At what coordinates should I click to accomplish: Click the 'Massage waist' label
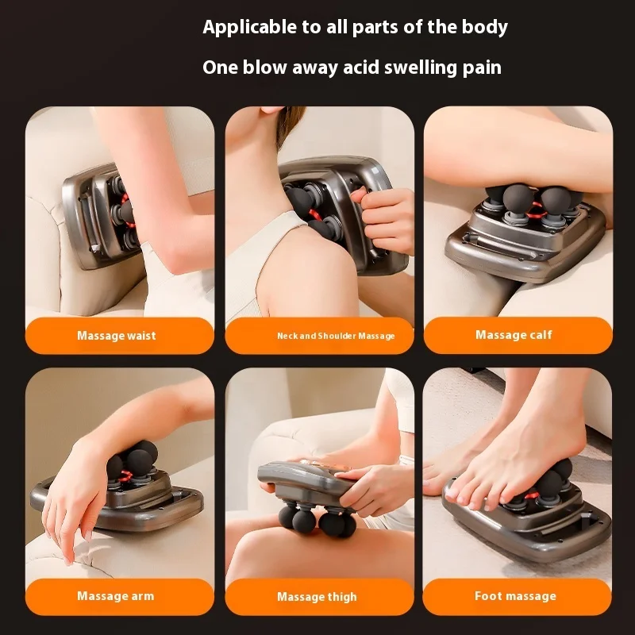[x=117, y=335]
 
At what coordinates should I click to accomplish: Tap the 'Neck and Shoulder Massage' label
[x=336, y=336]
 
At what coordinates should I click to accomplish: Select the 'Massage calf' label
[x=514, y=334]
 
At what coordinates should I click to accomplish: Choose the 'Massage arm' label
[x=116, y=596]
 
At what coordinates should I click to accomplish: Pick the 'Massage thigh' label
[x=317, y=597]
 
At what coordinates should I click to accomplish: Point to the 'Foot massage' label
[x=515, y=596]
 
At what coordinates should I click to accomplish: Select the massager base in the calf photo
[x=526, y=243]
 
